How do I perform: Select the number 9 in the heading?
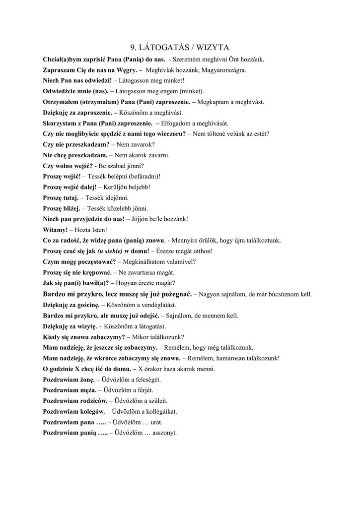pyautogui.click(x=133, y=48)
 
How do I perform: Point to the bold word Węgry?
pyautogui.click(x=126, y=70)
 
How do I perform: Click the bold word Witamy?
pyautogui.click(x=55, y=230)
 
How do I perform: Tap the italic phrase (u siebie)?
pyautogui.click(x=110, y=251)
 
